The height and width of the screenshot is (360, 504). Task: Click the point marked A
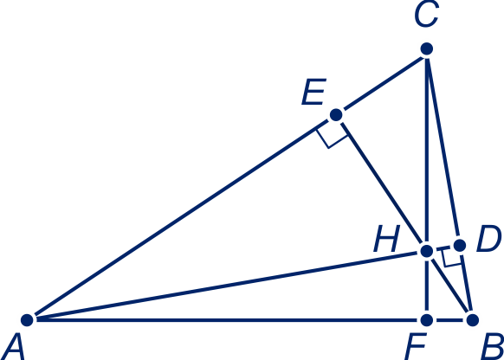coord(27,320)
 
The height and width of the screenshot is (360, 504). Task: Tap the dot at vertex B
coord(473,320)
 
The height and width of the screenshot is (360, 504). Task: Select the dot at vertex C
coord(427,48)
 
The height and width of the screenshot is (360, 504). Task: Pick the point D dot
coord(460,246)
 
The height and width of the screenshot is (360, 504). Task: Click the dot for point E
coord(336,114)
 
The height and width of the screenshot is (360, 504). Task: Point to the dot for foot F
coord(427,320)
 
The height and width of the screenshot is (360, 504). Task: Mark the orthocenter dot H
coord(427,251)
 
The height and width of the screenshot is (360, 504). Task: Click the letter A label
coord(13,347)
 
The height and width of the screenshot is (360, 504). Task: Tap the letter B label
coord(492,347)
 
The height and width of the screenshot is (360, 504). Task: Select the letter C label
coord(427,14)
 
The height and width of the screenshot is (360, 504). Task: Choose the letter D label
coord(488,239)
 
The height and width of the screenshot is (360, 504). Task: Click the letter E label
coord(314,92)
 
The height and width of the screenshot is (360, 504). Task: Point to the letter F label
coord(416,347)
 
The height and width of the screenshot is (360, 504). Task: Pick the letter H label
coord(387,239)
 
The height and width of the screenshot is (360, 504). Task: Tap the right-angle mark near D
coord(451,259)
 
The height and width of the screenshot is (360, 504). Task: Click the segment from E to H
coord(382,183)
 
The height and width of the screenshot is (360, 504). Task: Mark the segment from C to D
coord(443,147)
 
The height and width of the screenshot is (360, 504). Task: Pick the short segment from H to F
coord(427,286)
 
